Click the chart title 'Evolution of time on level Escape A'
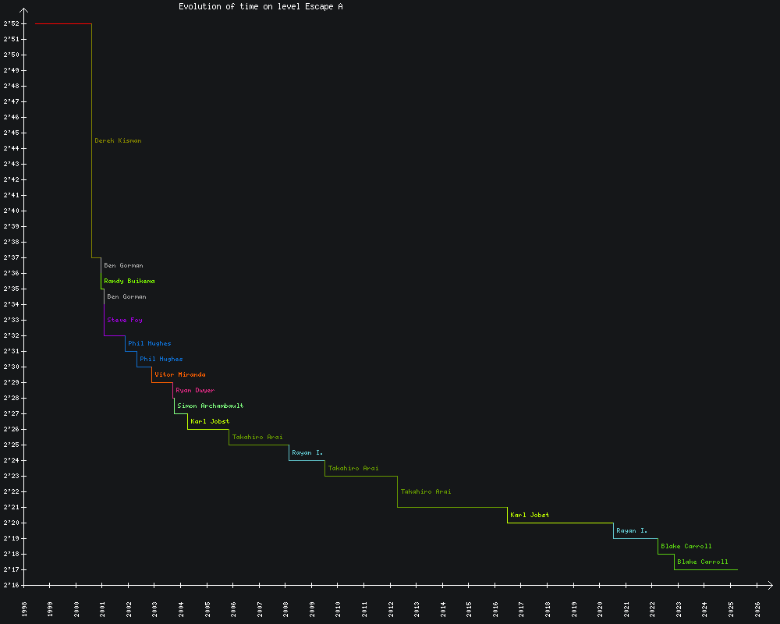(261, 6)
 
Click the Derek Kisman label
(118, 140)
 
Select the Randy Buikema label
(129, 281)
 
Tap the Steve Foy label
(125, 320)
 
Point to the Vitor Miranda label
(180, 374)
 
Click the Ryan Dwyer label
(195, 390)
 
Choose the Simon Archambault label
(211, 406)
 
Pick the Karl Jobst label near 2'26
(210, 421)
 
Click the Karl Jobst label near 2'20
(530, 515)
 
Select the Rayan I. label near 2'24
(307, 452)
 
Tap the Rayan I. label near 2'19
(632, 530)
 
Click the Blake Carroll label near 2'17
(703, 562)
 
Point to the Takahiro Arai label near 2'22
(426, 491)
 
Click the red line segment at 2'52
(63, 23)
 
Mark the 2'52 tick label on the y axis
(11, 23)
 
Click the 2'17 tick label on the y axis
(11, 569)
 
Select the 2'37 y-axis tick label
(11, 257)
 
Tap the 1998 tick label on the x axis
(24, 608)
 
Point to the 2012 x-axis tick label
(391, 608)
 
